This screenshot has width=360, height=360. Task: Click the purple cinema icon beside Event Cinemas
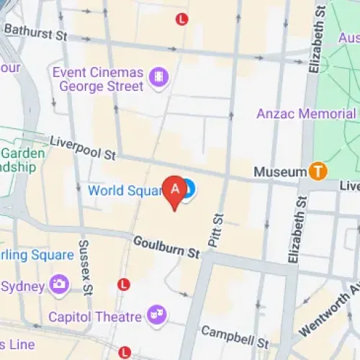tap(158, 75)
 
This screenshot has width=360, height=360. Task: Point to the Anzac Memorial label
tap(307, 114)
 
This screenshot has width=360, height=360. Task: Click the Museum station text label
tap(280, 172)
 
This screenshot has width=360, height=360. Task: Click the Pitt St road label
tap(216, 230)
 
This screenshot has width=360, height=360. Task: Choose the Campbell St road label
tap(235, 335)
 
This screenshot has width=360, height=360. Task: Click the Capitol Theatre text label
tap(95, 317)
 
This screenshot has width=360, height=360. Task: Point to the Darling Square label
tap(36, 255)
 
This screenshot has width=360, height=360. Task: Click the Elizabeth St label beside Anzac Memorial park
tap(315, 43)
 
